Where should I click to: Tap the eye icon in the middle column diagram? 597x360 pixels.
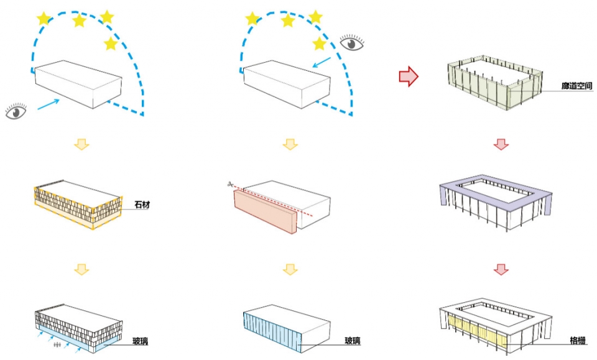(351, 44)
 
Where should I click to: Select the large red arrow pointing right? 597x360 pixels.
(408, 76)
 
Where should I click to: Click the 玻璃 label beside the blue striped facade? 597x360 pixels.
(353, 341)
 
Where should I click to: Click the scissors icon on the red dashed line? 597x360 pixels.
(231, 184)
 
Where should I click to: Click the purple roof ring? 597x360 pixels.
(497, 187)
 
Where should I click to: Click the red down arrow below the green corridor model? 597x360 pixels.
(501, 144)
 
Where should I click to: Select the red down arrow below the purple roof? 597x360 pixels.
(501, 270)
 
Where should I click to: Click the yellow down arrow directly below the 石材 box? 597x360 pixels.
(81, 270)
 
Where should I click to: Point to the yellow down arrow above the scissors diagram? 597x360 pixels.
(289, 144)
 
